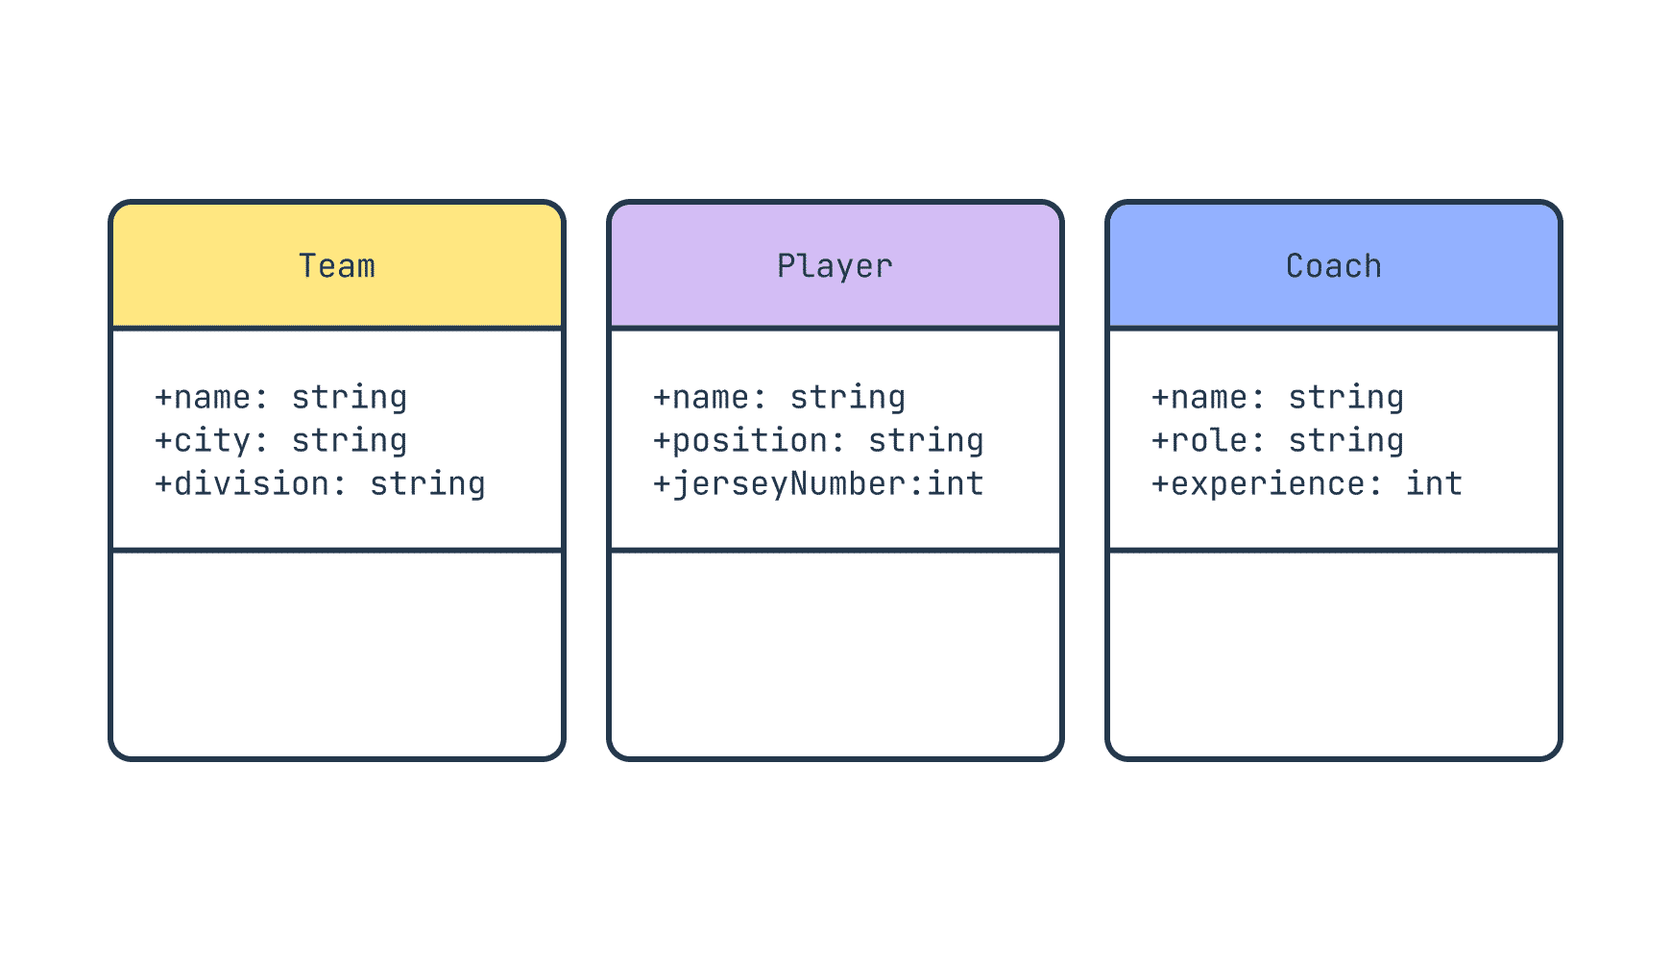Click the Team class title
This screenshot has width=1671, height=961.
(x=337, y=266)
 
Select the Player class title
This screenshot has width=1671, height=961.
(x=835, y=266)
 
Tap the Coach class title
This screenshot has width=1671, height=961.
(x=1334, y=266)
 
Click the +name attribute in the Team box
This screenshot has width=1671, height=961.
(x=281, y=398)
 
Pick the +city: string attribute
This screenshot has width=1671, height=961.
(x=281, y=441)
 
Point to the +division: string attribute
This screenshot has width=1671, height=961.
(x=321, y=484)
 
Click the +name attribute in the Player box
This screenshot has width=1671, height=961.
(x=780, y=398)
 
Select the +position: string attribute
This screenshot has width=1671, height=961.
(x=819, y=441)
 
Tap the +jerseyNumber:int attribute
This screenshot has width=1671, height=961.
(x=819, y=484)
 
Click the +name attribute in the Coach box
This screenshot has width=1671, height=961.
(x=1278, y=398)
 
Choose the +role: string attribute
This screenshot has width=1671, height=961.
(x=1278, y=441)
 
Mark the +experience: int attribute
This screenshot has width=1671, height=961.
(x=1307, y=484)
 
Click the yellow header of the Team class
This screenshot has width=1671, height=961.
(x=337, y=265)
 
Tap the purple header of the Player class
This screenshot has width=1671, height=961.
(x=835, y=265)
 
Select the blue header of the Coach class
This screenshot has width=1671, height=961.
(x=1334, y=265)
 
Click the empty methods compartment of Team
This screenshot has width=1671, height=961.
(x=337, y=654)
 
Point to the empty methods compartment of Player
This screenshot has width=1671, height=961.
(x=835, y=654)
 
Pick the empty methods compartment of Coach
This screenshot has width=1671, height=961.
(x=1334, y=654)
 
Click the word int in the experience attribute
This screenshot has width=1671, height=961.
(x=1435, y=483)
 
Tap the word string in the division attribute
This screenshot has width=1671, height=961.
(x=428, y=484)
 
